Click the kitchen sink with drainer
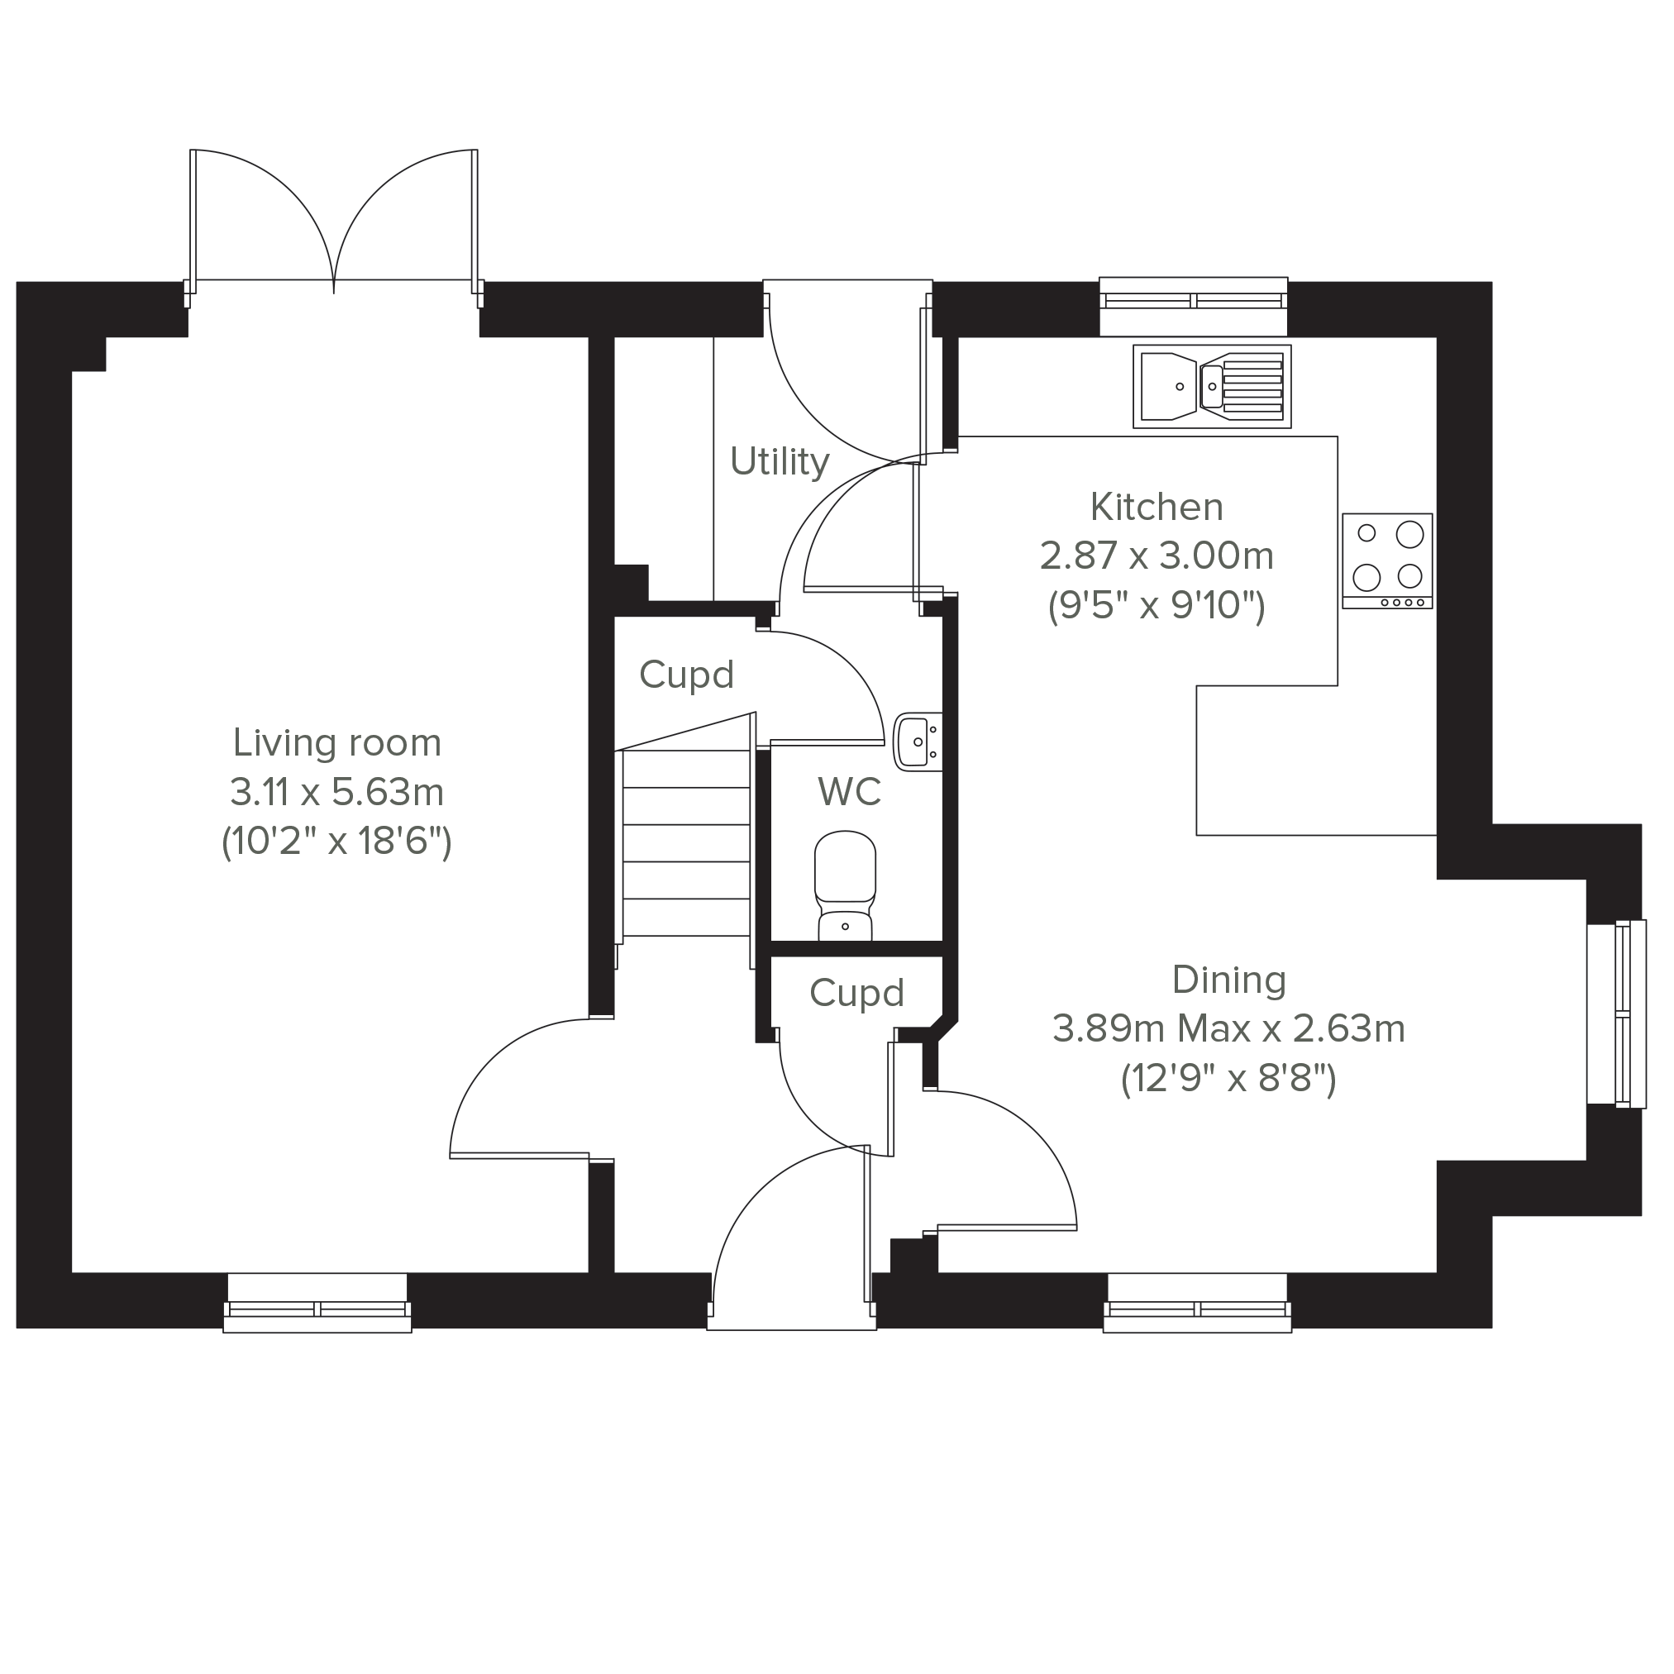[1211, 386]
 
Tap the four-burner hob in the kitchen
[1387, 560]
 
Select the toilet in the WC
[845, 885]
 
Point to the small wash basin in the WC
[917, 741]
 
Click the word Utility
[780, 462]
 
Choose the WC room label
[849, 791]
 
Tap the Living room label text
[337, 742]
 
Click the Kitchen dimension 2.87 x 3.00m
[1157, 556]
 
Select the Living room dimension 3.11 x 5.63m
[337, 791]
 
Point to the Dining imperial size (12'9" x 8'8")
[1228, 1079]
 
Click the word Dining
[1228, 980]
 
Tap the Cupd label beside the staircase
[686, 675]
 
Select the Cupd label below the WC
[857, 993]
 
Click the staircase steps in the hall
[685, 843]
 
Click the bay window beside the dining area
[1617, 1013]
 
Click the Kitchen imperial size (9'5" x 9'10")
[1157, 605]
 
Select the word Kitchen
[1157, 507]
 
